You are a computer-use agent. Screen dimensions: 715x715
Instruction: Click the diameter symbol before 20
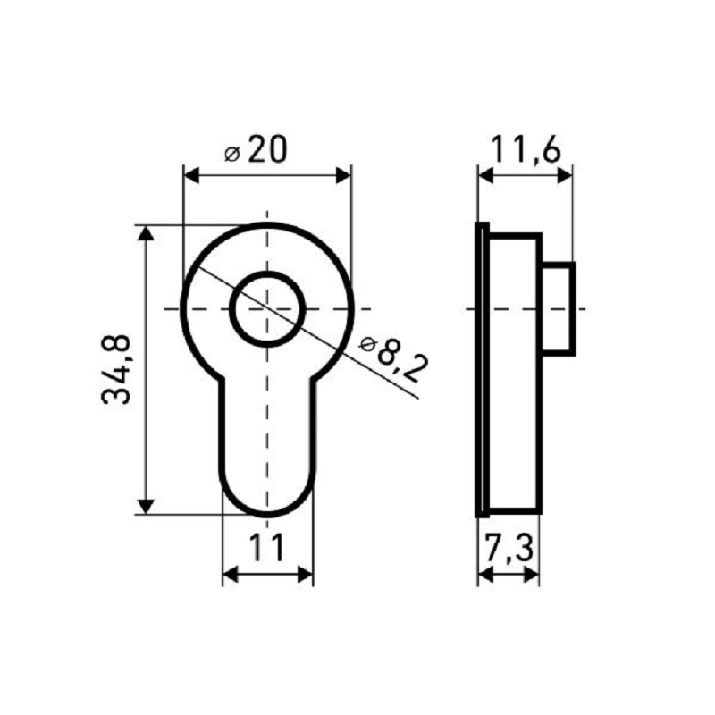click(231, 154)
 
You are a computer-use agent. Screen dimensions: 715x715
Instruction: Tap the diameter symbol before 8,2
click(366, 343)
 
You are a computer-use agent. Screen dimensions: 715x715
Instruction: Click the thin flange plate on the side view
click(481, 369)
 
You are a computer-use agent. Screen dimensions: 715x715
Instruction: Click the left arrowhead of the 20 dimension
click(190, 176)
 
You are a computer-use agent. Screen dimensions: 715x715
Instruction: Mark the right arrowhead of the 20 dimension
click(343, 176)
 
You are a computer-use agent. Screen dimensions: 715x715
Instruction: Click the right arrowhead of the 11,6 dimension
click(564, 176)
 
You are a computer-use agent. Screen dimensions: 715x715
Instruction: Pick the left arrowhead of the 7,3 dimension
click(484, 575)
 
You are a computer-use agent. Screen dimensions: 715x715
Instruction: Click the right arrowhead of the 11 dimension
click(306, 575)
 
